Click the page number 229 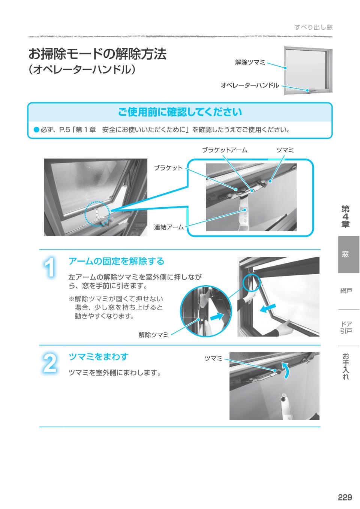click(345, 497)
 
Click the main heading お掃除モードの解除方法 click(97, 54)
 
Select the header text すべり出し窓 click(313, 27)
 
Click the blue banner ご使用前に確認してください click(180, 112)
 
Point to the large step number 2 click(49, 363)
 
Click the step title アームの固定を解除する click(116, 261)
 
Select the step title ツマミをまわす click(98, 356)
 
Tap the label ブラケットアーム click(224, 150)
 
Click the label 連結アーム click(169, 227)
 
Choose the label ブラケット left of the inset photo click(168, 168)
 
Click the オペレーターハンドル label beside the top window click(249, 85)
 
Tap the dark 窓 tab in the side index click(345, 254)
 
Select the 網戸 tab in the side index click(345, 291)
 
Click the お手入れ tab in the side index click(345, 367)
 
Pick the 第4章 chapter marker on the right click(345, 217)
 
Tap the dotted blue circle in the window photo click(97, 215)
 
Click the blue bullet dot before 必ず click(36, 130)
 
